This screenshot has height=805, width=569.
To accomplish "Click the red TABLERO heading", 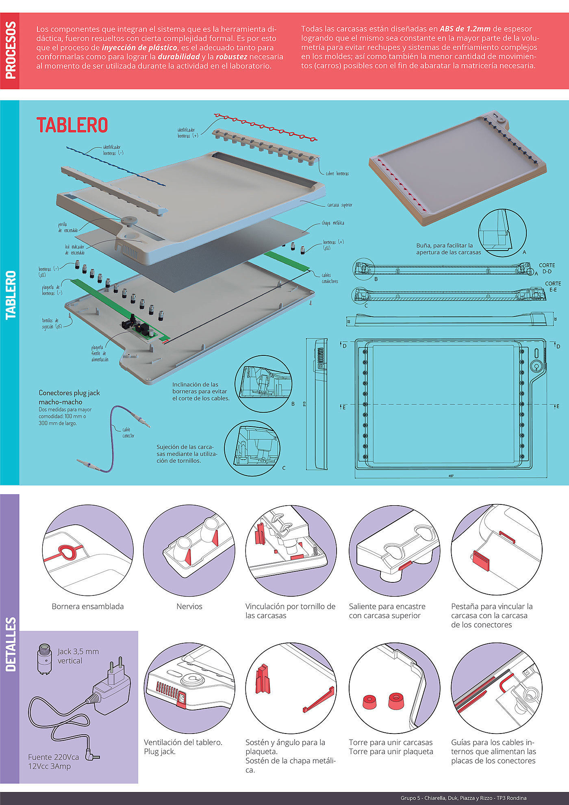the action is (x=72, y=125).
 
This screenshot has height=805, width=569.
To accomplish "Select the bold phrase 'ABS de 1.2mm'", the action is (x=465, y=29).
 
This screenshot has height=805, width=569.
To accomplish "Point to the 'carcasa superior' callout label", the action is (x=340, y=205).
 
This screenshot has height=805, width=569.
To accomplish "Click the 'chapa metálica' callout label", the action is (x=333, y=223).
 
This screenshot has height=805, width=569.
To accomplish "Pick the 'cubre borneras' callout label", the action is (x=337, y=173).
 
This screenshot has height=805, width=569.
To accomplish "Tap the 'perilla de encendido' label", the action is (x=67, y=227).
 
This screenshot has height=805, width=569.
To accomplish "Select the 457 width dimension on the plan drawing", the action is (x=451, y=476).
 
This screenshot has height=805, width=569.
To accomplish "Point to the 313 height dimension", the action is (x=304, y=404).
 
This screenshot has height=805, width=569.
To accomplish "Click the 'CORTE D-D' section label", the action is (x=547, y=268).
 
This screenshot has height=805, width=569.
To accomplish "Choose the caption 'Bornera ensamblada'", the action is (x=88, y=606).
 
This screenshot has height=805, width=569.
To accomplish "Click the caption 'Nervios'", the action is (x=189, y=606).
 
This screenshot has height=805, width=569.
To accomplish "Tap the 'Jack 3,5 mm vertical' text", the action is (x=78, y=656).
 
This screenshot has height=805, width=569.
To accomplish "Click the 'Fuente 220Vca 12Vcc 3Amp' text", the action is (x=53, y=762).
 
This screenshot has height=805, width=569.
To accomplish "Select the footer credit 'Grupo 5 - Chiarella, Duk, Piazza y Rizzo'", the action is (x=463, y=798).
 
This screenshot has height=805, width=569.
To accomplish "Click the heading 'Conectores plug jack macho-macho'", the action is (x=69, y=397).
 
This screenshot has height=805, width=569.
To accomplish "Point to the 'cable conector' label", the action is (x=128, y=433).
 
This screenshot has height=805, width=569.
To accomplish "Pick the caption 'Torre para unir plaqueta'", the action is (x=391, y=751).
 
